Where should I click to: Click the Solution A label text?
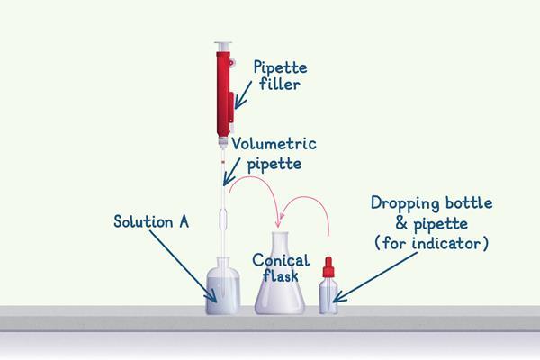click(150, 220)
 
